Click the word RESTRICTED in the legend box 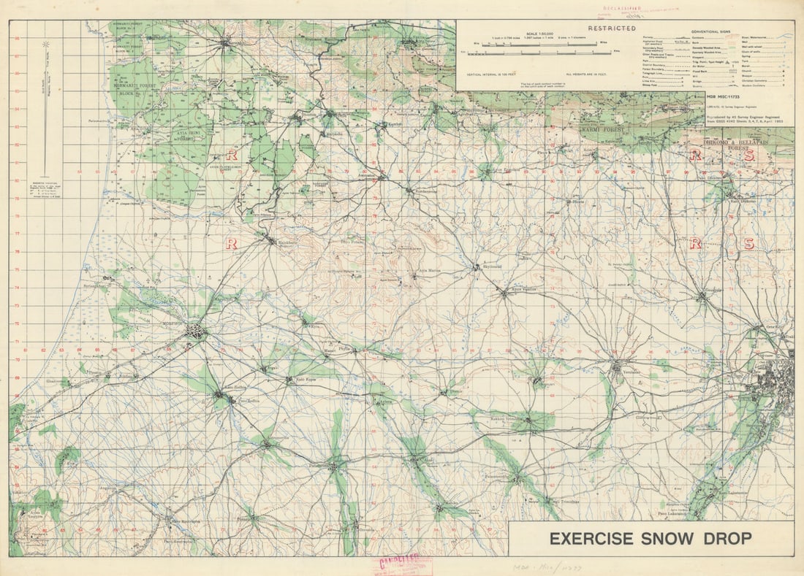591,28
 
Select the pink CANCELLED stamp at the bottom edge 401,564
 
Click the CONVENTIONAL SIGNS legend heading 715,31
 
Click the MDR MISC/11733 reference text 723,96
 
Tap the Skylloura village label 491,267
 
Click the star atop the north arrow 45,45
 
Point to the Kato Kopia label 305,380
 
